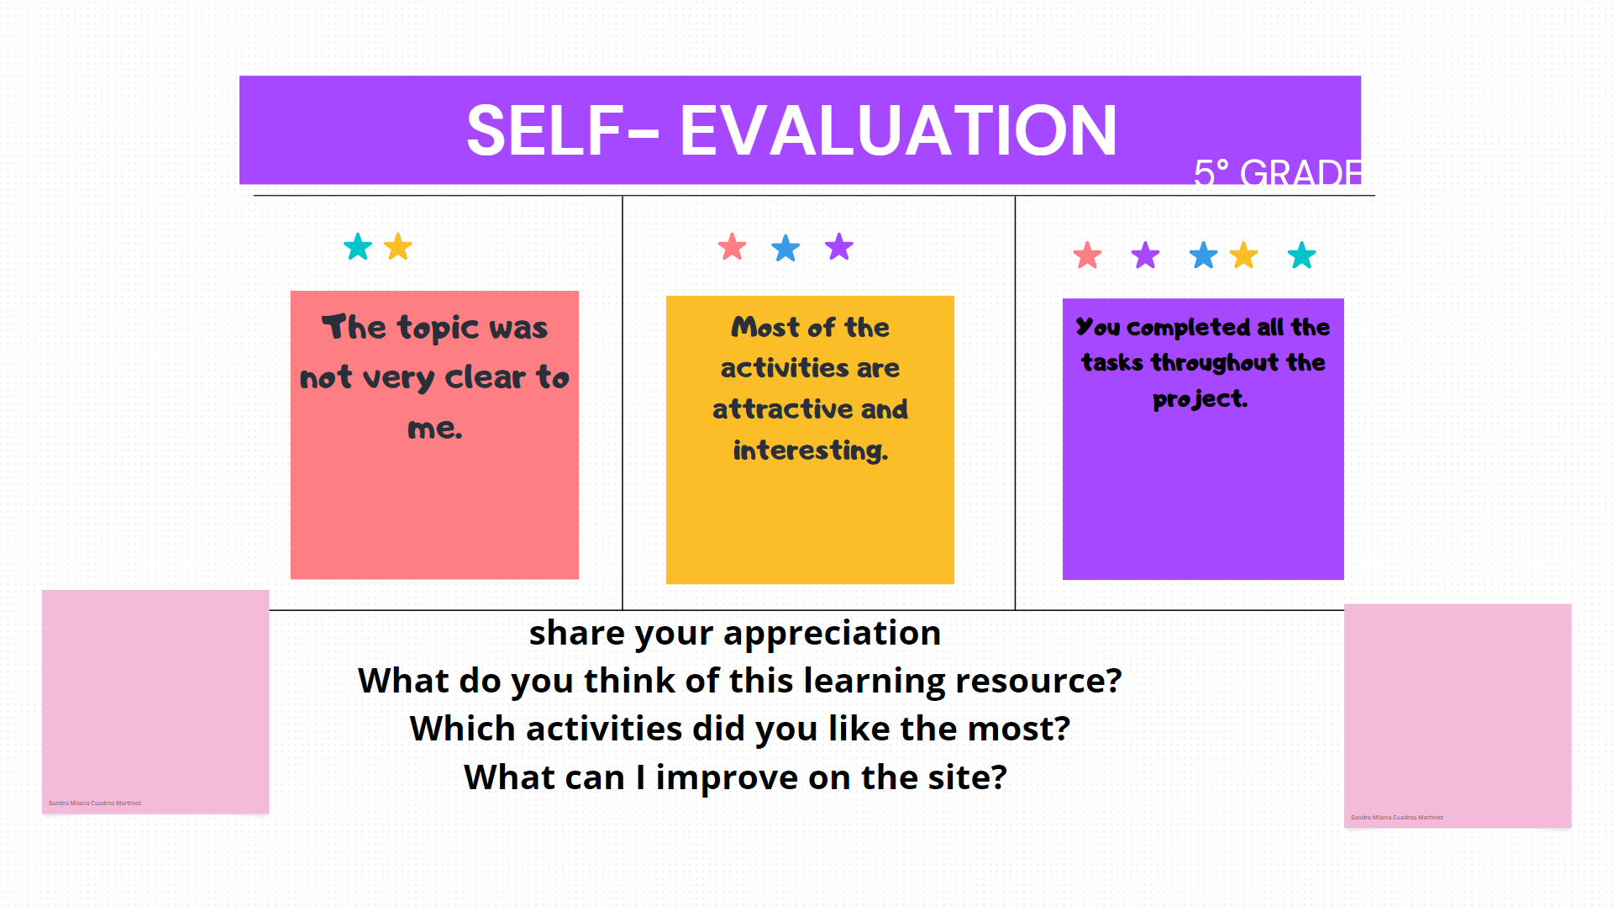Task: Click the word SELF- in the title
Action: (x=562, y=131)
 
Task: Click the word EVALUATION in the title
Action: (x=897, y=131)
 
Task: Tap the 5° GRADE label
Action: (x=1276, y=173)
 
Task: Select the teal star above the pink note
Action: (x=358, y=247)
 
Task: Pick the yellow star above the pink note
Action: (x=397, y=247)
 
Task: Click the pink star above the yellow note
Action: (x=732, y=247)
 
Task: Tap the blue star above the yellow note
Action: (x=785, y=248)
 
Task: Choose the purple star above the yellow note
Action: (x=838, y=247)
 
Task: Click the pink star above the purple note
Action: (x=1087, y=255)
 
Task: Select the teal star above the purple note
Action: (x=1301, y=255)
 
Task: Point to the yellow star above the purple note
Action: (x=1243, y=255)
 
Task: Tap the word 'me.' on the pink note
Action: (x=435, y=429)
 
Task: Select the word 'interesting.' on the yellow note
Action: (x=810, y=450)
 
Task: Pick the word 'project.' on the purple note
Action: (x=1200, y=399)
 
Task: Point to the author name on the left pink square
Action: (x=95, y=803)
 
